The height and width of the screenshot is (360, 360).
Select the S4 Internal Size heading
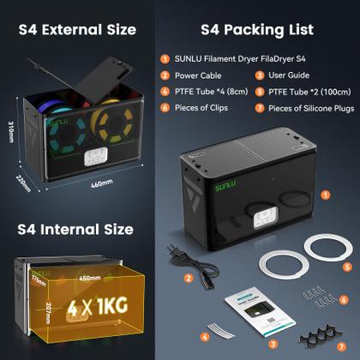pyautogui.click(x=75, y=230)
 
